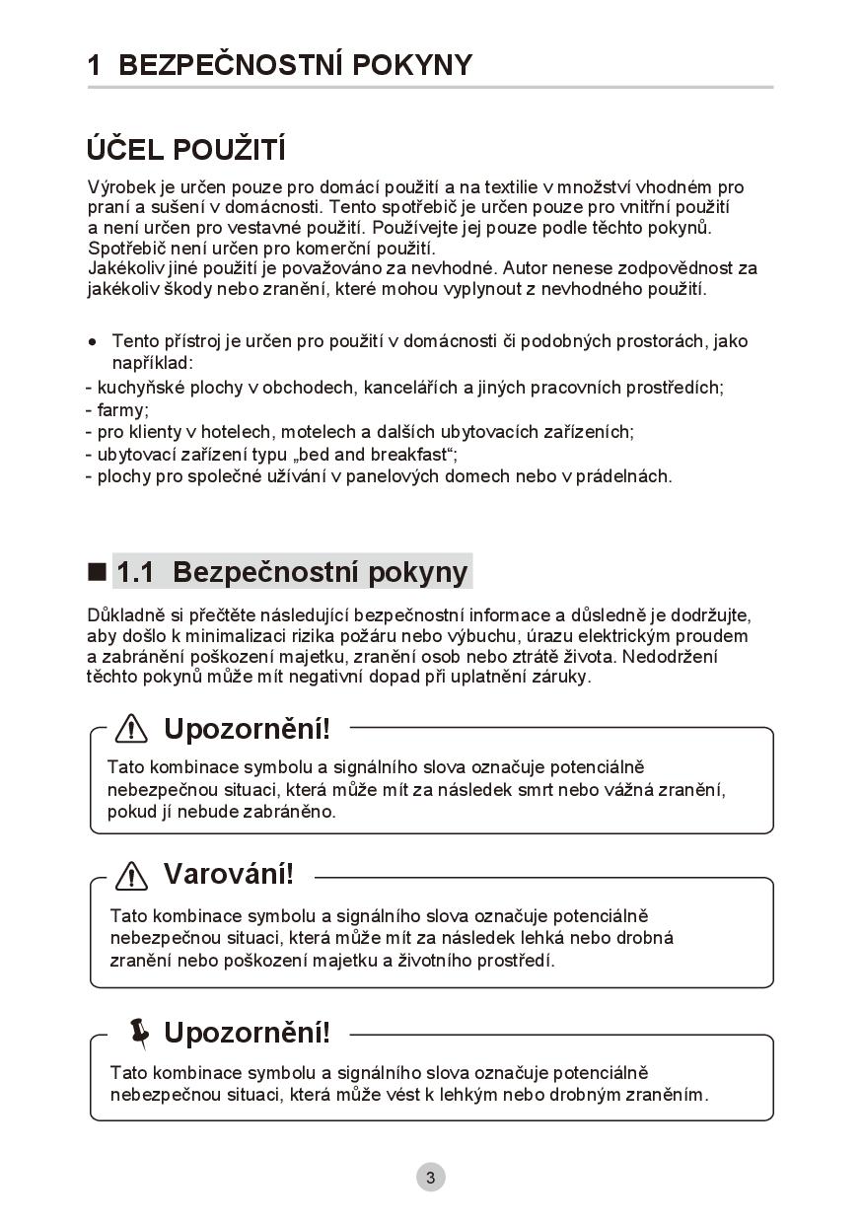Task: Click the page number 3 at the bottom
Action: coord(430,1177)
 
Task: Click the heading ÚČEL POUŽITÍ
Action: coord(186,150)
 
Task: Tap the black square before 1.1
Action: coord(97,571)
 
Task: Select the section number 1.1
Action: coord(135,572)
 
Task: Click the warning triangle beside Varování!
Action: coord(131,875)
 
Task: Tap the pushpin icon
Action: coord(140,1032)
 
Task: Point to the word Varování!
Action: coord(228,874)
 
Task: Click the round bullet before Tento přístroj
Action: coord(93,342)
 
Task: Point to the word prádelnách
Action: coord(622,476)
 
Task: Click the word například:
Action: coord(152,364)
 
